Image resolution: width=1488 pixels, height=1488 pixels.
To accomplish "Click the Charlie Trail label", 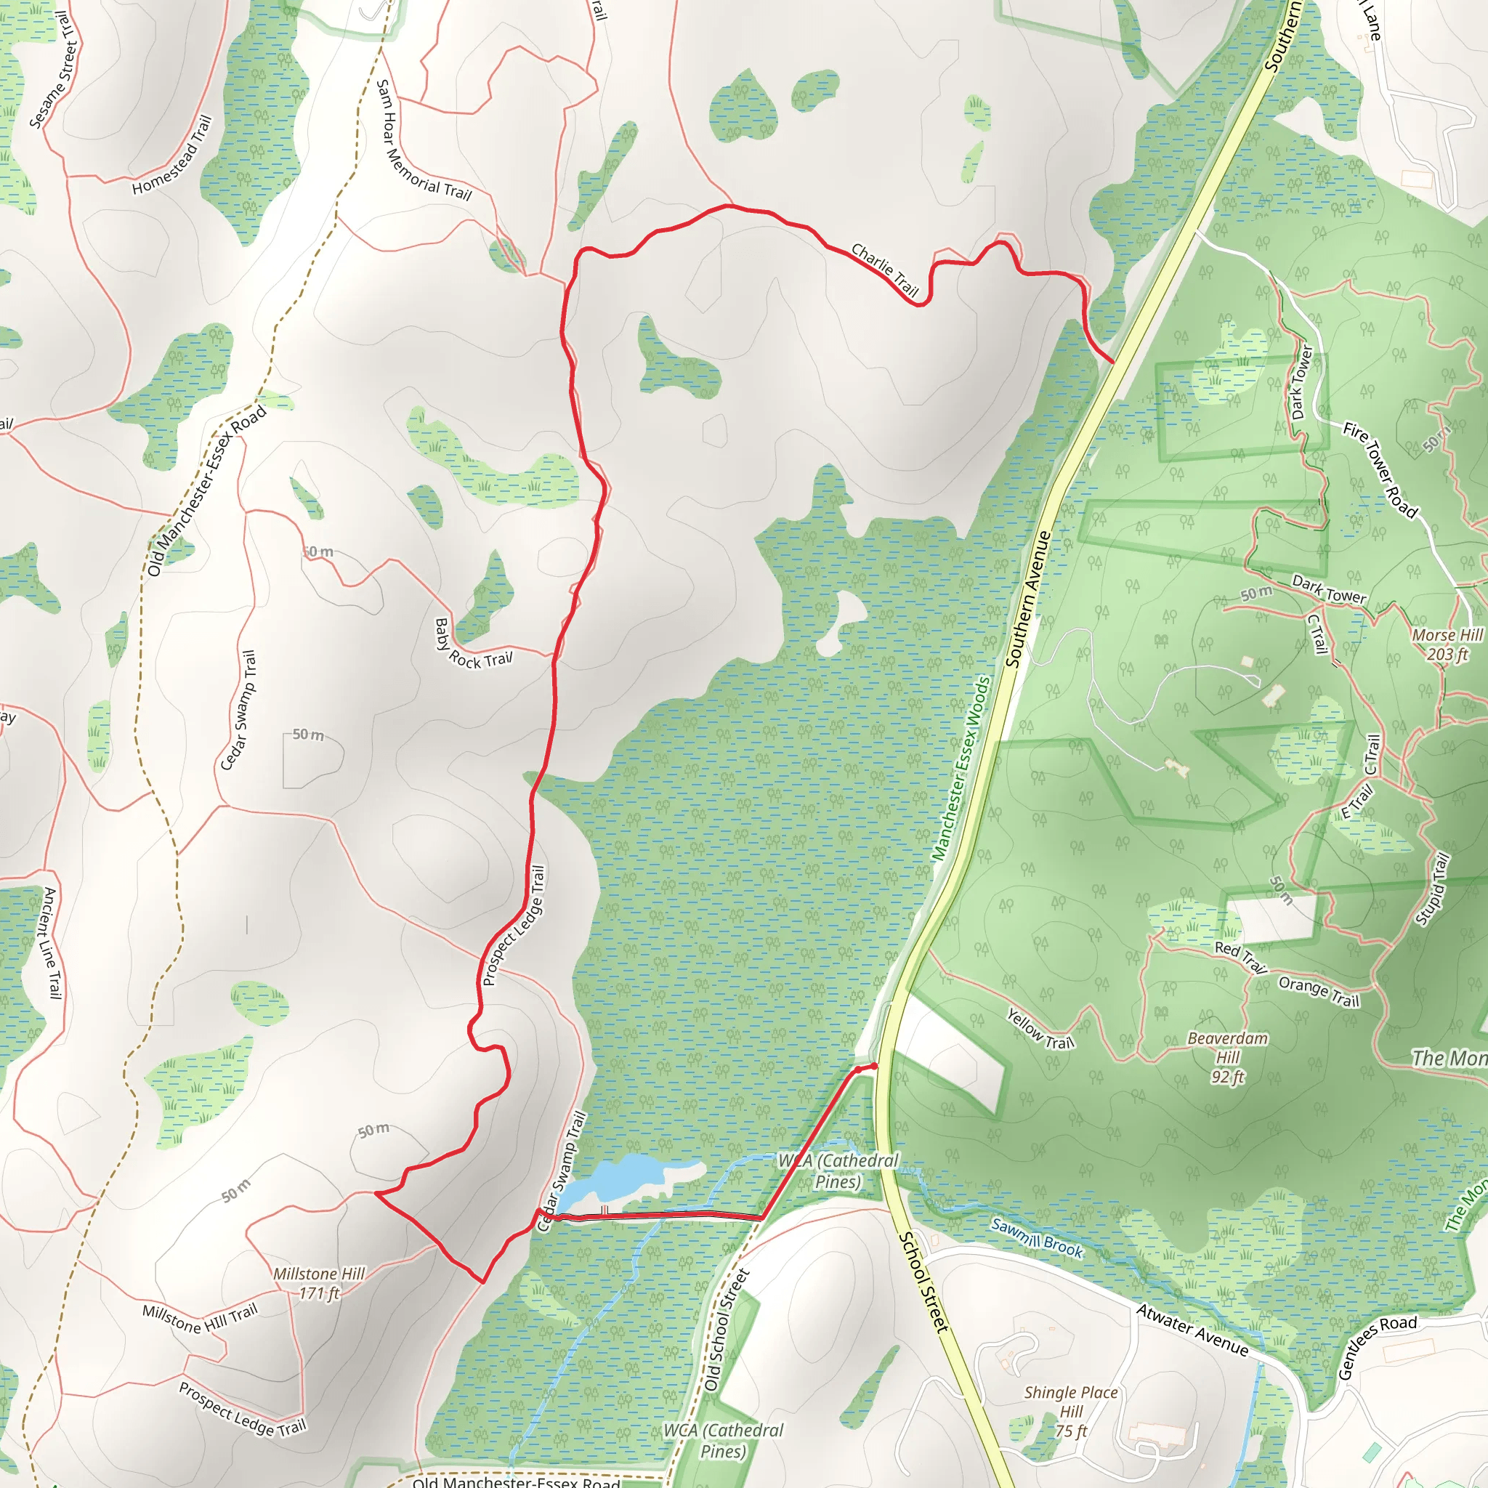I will tap(885, 269).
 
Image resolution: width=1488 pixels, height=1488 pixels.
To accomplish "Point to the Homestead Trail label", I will tap(171, 155).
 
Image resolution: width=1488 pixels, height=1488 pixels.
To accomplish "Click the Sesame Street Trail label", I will tap(54, 70).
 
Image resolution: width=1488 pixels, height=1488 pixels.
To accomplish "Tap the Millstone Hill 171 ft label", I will tap(319, 1283).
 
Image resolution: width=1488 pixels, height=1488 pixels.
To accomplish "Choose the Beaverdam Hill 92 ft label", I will tap(1228, 1057).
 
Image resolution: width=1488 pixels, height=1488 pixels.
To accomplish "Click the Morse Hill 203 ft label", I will tap(1447, 644).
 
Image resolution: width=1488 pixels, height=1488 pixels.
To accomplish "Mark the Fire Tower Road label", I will tap(1380, 470).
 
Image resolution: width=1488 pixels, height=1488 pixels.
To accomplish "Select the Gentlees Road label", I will tap(1376, 1346).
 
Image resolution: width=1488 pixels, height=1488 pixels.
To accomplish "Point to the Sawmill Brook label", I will tap(1037, 1237).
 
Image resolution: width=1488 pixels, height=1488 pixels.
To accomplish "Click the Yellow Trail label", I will tap(1040, 1030).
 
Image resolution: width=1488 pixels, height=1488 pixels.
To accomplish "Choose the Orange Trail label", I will tap(1319, 992).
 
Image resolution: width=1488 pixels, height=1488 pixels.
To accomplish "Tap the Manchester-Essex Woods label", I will tap(961, 769).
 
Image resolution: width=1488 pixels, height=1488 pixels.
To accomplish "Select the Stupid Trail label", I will tap(1433, 889).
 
